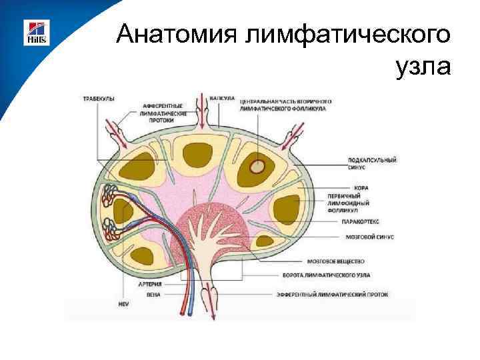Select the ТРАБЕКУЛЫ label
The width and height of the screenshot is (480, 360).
coord(98,99)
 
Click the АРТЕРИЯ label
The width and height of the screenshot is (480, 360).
coord(151,283)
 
